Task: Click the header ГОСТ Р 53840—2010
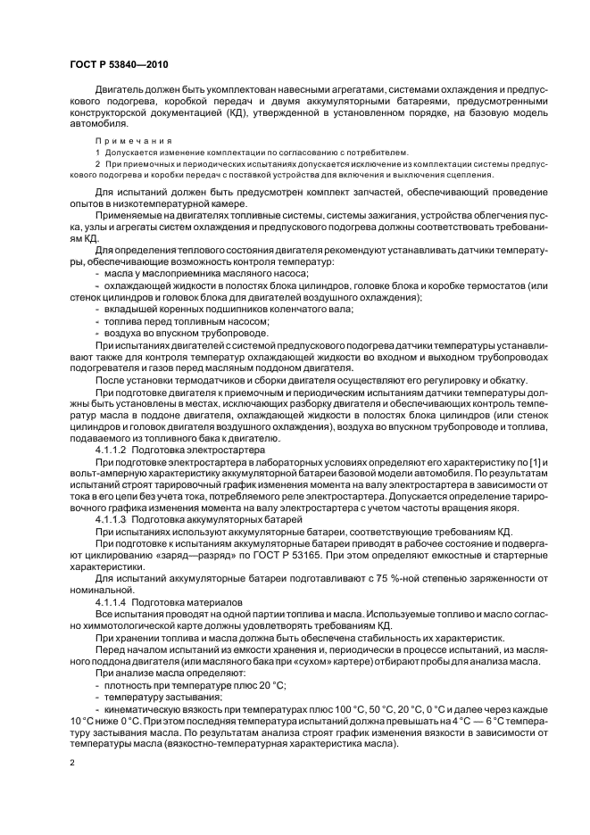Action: (118, 65)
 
